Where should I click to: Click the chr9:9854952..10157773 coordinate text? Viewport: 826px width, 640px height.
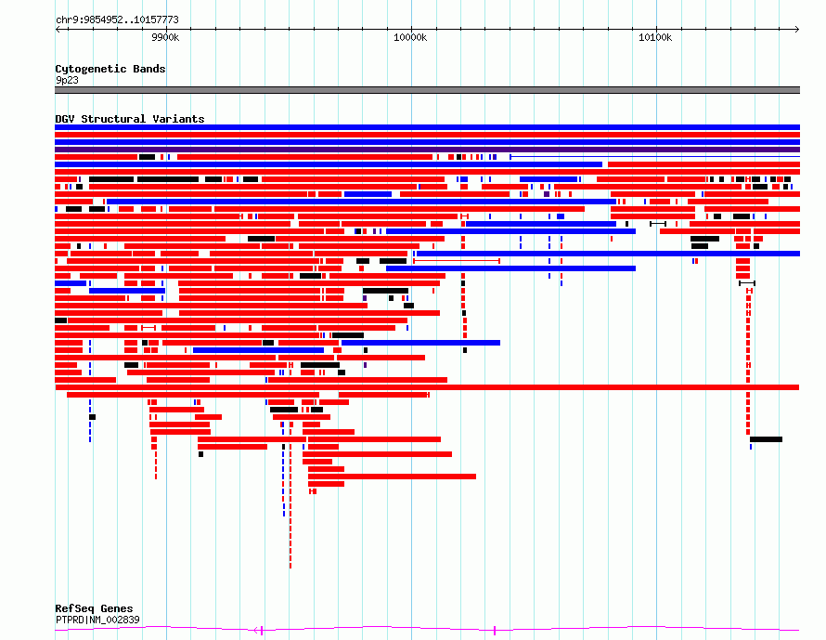(117, 20)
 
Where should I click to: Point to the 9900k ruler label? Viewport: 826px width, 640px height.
(165, 37)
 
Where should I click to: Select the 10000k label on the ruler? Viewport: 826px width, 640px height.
(410, 37)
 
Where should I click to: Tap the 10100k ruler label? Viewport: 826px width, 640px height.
(655, 37)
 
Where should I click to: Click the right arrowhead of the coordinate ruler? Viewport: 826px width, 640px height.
(797, 29)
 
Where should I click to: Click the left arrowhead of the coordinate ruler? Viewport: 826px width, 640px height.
(58, 29)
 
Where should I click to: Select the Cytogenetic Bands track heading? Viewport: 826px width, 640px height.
(110, 69)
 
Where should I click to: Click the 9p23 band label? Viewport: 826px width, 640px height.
(67, 80)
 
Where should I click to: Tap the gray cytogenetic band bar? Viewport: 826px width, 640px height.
(427, 90)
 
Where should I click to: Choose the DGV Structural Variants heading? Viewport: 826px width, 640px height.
(130, 119)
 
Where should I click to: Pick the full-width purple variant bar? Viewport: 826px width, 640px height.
(427, 150)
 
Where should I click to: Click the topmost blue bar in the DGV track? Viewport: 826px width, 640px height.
(427, 127)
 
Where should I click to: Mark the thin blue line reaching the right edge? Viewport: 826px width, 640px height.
(655, 157)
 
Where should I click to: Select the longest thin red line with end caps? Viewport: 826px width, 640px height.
(457, 260)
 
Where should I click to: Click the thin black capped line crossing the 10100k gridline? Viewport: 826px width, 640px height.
(658, 224)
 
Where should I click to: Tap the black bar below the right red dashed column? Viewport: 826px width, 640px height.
(766, 439)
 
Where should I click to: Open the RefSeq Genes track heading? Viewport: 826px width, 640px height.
(94, 608)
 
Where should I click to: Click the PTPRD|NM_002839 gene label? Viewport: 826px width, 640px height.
(97, 620)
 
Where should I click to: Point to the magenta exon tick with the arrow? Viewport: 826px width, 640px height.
(259, 630)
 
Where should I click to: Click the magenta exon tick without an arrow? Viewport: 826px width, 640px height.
(495, 630)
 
